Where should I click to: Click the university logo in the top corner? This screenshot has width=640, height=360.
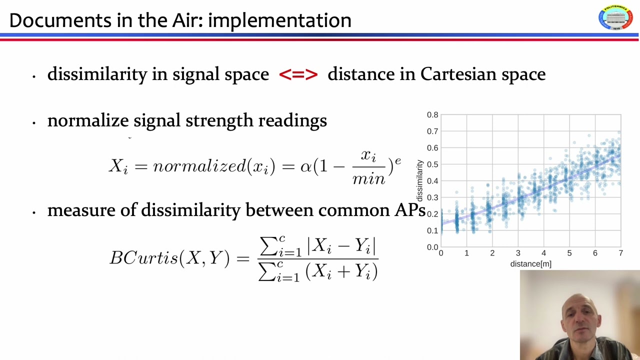point(615,18)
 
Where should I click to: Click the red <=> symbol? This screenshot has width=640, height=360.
point(298,74)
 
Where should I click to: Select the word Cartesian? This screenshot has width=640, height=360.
point(455,74)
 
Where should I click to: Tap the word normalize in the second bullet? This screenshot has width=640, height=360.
point(88,120)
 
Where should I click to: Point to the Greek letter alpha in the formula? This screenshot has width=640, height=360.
point(305,166)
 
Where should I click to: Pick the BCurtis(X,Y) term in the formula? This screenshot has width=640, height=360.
point(169,257)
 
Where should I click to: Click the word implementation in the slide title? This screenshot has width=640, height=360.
point(279,20)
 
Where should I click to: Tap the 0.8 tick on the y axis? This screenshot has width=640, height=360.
point(432,115)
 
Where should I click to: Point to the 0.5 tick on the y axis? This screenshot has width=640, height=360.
point(432,164)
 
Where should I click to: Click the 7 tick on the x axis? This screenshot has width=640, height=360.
point(620,253)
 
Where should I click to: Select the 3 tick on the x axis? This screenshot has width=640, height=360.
point(518,253)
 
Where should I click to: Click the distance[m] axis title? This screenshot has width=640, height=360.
point(530,264)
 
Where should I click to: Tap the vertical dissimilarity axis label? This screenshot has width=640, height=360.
point(420,180)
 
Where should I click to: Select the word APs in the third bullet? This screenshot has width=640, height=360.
point(409,210)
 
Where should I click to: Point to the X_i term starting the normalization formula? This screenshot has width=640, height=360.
point(118,166)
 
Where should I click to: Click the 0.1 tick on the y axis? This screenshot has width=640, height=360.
point(432,230)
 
